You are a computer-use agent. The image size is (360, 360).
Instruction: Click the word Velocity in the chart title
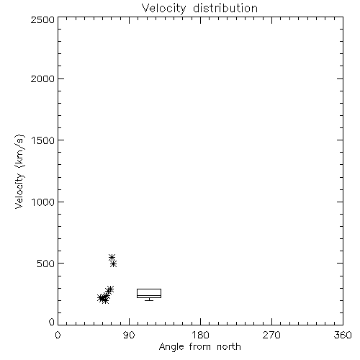164,9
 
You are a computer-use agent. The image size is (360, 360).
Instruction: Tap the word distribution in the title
225,8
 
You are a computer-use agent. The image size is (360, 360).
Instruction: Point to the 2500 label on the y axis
42,19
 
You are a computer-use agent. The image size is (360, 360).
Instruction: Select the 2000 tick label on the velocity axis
42,78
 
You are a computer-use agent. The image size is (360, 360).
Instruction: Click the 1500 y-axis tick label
43,140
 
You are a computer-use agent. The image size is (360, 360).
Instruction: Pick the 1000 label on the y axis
43,202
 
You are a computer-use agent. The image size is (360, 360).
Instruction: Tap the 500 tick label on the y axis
46,264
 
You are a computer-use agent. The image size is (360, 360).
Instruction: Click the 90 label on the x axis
129,335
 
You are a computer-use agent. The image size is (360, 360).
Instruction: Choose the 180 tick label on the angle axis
200,335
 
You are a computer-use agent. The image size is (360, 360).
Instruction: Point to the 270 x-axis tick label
271,335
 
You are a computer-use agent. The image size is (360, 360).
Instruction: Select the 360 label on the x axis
343,335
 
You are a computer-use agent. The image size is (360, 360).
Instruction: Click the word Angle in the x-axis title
171,347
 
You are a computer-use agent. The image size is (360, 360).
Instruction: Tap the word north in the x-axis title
229,347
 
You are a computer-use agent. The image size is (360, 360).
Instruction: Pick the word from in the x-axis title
200,347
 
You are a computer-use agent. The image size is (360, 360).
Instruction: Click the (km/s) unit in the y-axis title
19,151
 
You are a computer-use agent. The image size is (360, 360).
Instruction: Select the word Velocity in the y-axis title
19,191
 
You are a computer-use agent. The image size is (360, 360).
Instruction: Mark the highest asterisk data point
112,257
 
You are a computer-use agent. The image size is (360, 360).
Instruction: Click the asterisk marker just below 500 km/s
114,264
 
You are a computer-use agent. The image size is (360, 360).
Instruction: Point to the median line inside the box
149,296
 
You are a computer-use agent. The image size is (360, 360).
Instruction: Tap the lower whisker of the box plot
149,300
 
